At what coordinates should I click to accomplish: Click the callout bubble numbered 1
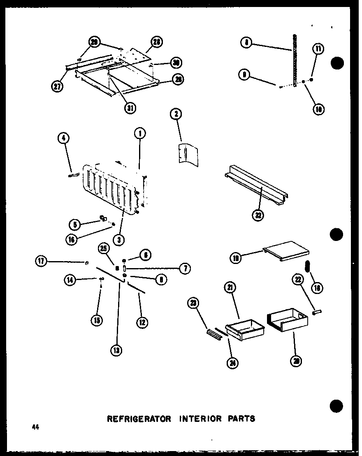[140, 134]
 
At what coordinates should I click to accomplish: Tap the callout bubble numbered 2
[176, 114]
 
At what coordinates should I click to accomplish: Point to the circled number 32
[258, 215]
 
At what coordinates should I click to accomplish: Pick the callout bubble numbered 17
[41, 261]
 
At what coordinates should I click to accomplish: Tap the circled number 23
[194, 304]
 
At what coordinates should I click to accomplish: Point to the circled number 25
[104, 248]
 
